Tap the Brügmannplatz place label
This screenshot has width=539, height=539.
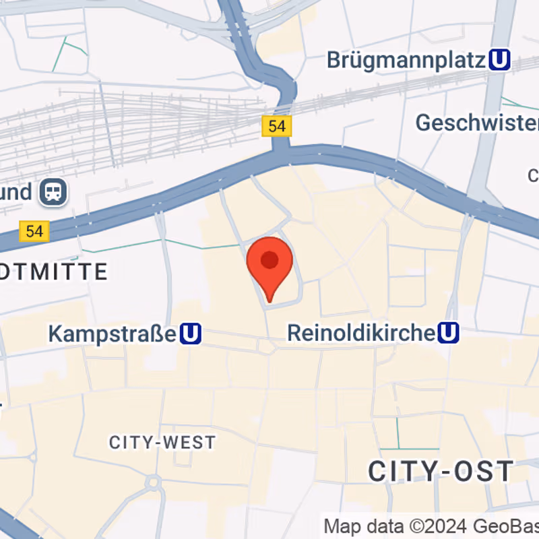[x=406, y=60]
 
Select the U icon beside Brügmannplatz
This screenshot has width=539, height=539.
[x=499, y=61]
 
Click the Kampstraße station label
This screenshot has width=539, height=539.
[x=113, y=333]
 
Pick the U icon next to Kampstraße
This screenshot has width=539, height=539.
[x=191, y=333]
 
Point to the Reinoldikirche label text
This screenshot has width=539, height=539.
[x=360, y=333]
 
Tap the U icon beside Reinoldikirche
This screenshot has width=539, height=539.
[x=449, y=332]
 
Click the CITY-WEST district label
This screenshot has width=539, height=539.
[x=162, y=443]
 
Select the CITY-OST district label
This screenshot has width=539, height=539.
[x=441, y=471]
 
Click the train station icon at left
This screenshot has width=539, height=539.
[x=53, y=192]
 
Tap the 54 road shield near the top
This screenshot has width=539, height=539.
[x=277, y=126]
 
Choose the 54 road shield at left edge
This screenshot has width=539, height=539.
[x=34, y=232]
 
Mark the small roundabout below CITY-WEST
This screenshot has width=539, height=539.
[x=154, y=482]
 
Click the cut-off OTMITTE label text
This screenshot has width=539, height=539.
[x=54, y=272]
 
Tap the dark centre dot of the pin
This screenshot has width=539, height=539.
[x=269, y=259]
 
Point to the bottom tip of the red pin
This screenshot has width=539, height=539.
[x=269, y=300]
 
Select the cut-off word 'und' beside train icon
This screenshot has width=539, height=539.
[x=16, y=192]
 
